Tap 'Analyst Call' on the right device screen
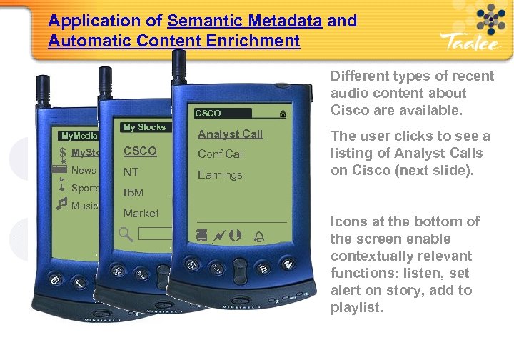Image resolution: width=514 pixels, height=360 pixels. click(x=230, y=134)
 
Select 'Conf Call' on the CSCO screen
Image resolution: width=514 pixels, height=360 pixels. click(x=221, y=154)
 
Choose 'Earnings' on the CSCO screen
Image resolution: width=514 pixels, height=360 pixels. click(x=220, y=175)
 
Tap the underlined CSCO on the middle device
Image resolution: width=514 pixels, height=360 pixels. click(x=140, y=151)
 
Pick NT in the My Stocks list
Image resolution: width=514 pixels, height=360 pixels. click(x=131, y=172)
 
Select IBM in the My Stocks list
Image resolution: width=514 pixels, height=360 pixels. click(x=133, y=193)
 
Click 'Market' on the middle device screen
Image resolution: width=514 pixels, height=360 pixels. click(x=141, y=213)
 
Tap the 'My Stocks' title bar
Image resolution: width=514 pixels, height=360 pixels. click(x=144, y=127)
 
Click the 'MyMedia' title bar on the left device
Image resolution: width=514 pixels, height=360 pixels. click(x=79, y=136)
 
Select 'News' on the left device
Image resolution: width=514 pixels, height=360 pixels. click(x=83, y=170)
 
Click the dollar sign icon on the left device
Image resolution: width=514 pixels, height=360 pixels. click(x=63, y=151)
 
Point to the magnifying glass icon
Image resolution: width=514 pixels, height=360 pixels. click(x=126, y=233)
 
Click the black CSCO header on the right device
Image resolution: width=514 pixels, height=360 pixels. click(x=222, y=113)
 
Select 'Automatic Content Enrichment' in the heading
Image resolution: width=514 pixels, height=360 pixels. click(x=174, y=41)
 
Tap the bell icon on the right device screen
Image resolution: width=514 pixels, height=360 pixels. click(x=258, y=236)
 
